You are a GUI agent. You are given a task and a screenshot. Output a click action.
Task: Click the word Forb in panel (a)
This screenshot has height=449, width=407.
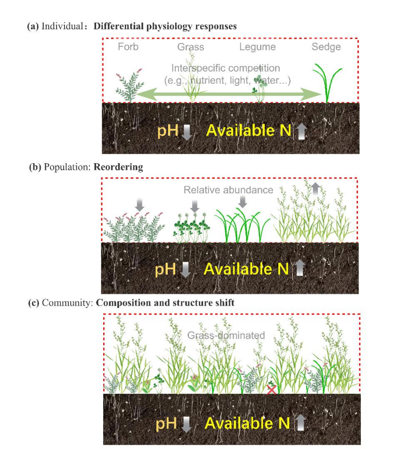coord(128,47)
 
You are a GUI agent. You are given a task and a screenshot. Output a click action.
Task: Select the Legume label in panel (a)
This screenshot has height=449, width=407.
coord(257,47)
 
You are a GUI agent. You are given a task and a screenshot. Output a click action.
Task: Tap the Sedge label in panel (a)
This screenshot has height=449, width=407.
coord(326,47)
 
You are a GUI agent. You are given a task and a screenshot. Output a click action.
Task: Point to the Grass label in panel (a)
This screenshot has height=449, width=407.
coord(190,47)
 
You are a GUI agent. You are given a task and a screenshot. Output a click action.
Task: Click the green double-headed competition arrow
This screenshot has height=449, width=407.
coord(229,94)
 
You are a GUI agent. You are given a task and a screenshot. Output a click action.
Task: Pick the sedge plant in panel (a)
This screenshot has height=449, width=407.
coord(327,83)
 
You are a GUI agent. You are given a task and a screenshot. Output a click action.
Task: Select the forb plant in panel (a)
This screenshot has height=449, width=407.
coord(129,85)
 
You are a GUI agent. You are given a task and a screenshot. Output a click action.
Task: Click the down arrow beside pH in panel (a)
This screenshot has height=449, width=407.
coord(187,132)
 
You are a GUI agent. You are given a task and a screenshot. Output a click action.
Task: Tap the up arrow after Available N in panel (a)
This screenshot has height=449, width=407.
coord(301,132)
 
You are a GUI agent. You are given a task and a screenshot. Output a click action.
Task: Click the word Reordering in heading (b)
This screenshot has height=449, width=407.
coord(118,167)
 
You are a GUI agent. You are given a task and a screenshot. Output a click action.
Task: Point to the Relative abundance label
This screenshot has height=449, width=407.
coord(228,190)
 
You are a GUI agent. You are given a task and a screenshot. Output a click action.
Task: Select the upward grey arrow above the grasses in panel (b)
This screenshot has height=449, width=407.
coord(315,189)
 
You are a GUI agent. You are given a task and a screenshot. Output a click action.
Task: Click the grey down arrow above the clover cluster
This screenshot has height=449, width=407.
coord(195,206)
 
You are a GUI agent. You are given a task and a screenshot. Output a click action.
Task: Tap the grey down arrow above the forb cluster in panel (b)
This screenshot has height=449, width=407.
coord(139,205)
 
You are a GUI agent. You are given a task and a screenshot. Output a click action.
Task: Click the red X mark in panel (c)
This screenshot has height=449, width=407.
coord(271,390)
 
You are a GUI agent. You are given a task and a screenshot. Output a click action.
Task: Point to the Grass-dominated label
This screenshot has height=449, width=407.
coord(226,335)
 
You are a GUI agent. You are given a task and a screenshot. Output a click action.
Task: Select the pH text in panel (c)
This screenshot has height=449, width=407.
coord(166,423)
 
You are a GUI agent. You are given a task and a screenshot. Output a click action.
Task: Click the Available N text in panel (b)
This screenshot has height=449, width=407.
coord(246,269)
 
